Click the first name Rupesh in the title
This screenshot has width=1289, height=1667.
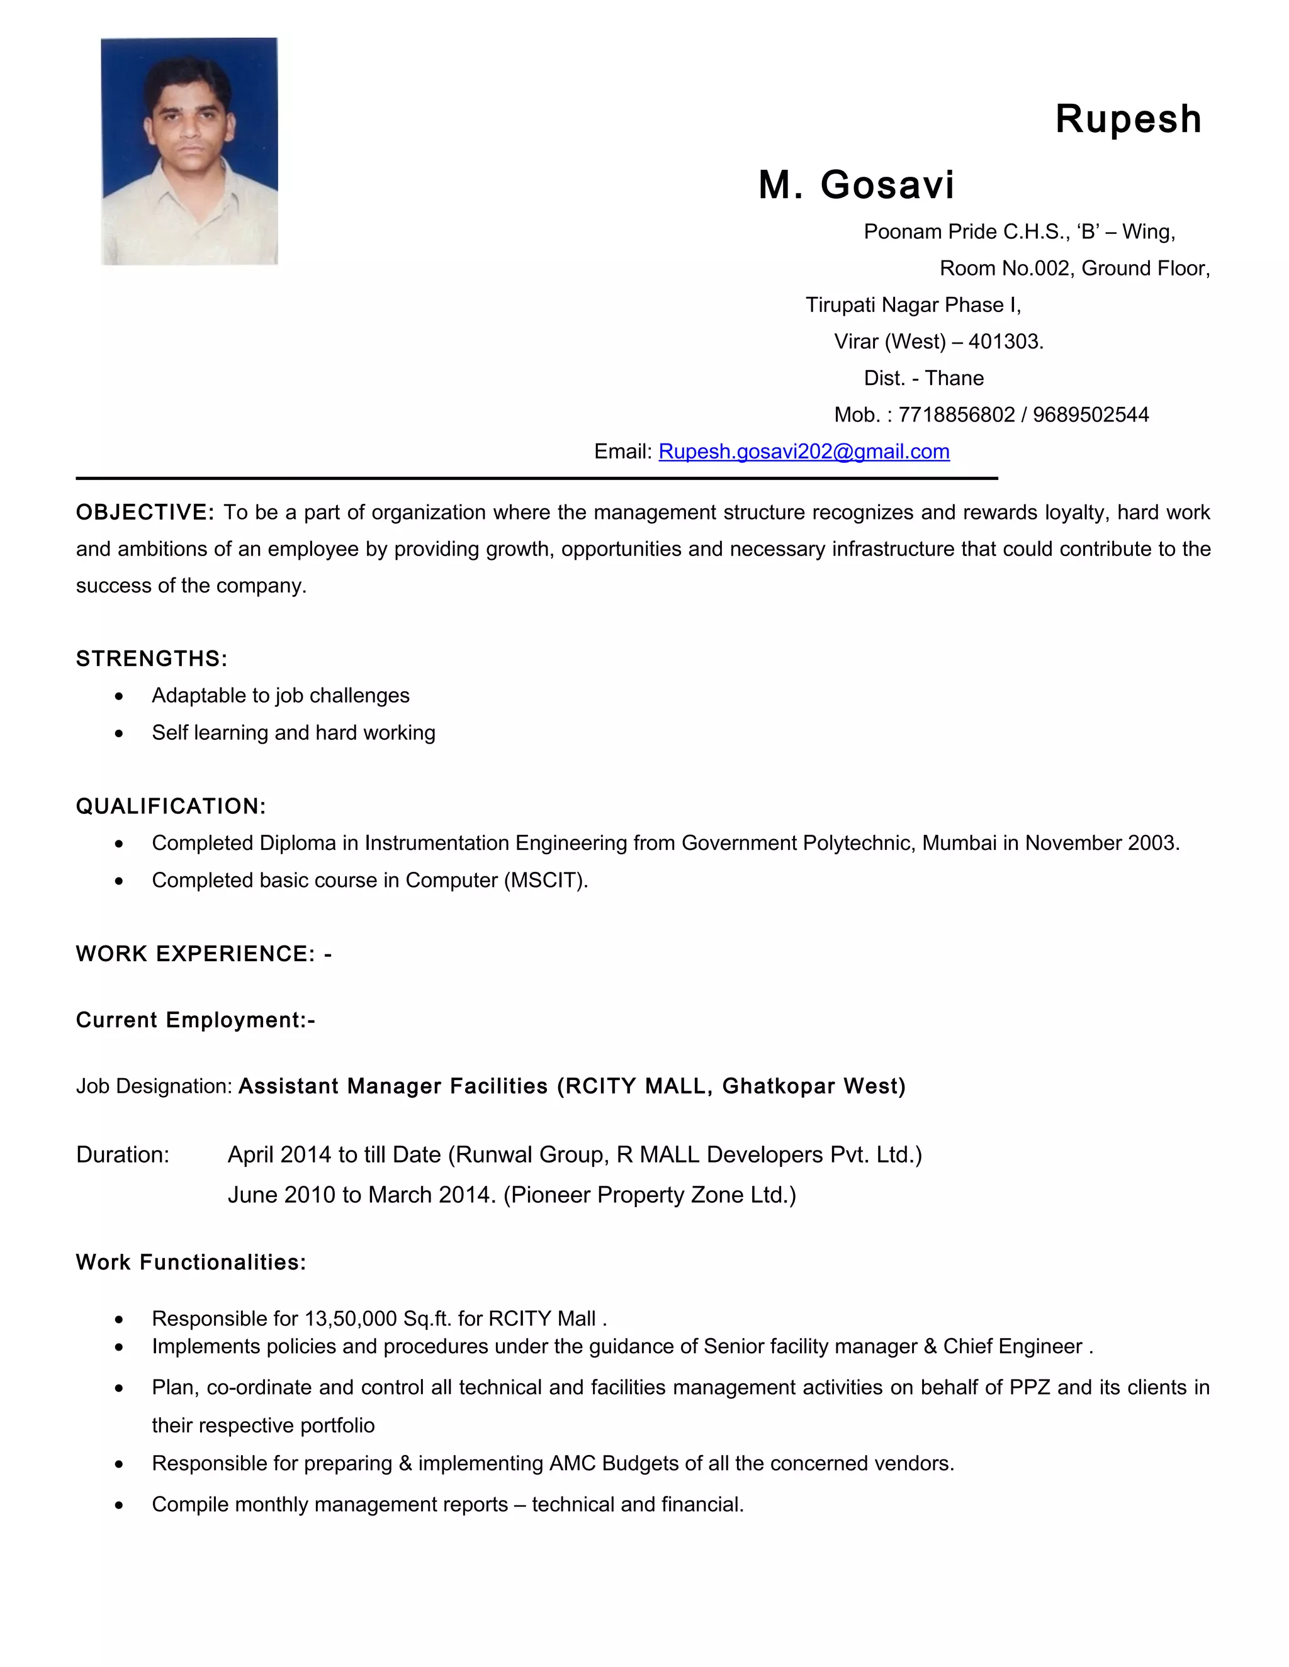point(1128,120)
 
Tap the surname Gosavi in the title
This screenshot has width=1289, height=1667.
point(887,186)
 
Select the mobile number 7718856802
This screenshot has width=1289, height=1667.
point(956,415)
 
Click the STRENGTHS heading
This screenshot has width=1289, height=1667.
point(151,659)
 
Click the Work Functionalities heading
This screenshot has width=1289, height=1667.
point(191,1263)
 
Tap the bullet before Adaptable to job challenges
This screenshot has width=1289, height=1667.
point(119,696)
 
